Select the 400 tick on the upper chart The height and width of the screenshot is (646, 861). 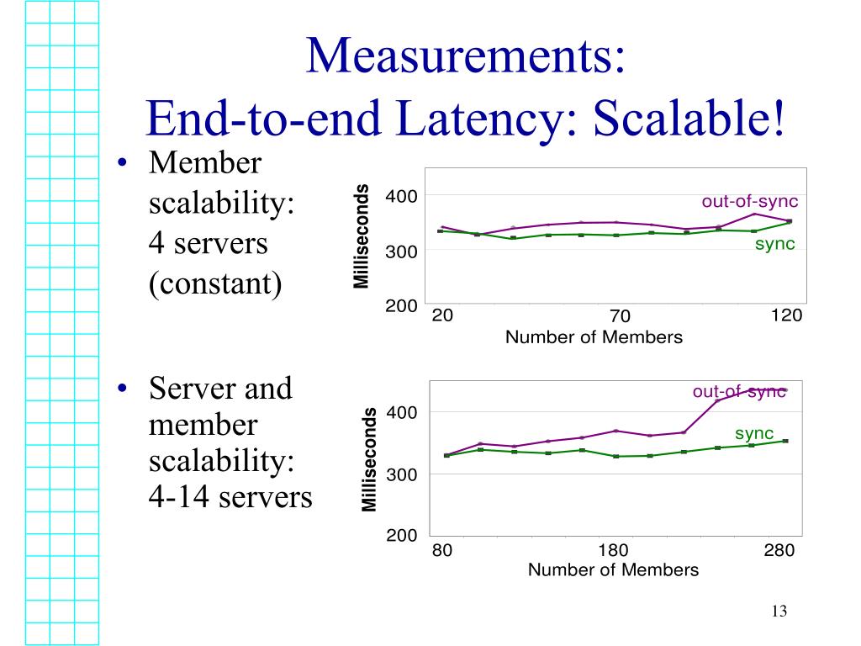click(401, 197)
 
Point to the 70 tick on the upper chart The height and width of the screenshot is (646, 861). click(620, 316)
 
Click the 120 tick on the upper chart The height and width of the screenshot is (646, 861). click(786, 315)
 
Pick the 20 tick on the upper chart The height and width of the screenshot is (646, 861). click(442, 315)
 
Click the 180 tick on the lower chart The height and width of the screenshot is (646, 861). click(613, 551)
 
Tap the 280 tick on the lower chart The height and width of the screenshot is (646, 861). click(779, 551)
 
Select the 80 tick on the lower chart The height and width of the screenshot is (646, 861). click(442, 551)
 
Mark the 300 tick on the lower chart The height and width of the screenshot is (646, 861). click(401, 475)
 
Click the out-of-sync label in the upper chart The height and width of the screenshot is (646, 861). click(750, 202)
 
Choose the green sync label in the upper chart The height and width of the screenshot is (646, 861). click(774, 245)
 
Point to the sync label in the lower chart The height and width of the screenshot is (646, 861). click(754, 434)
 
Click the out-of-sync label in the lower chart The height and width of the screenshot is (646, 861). click(739, 392)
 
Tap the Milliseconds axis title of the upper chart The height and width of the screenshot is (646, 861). click(362, 236)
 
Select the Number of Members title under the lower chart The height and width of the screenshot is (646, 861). click(613, 570)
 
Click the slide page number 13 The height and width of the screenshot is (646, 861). click(778, 612)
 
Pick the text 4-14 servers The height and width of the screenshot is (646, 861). click(230, 497)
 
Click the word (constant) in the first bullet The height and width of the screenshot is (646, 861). click(214, 283)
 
